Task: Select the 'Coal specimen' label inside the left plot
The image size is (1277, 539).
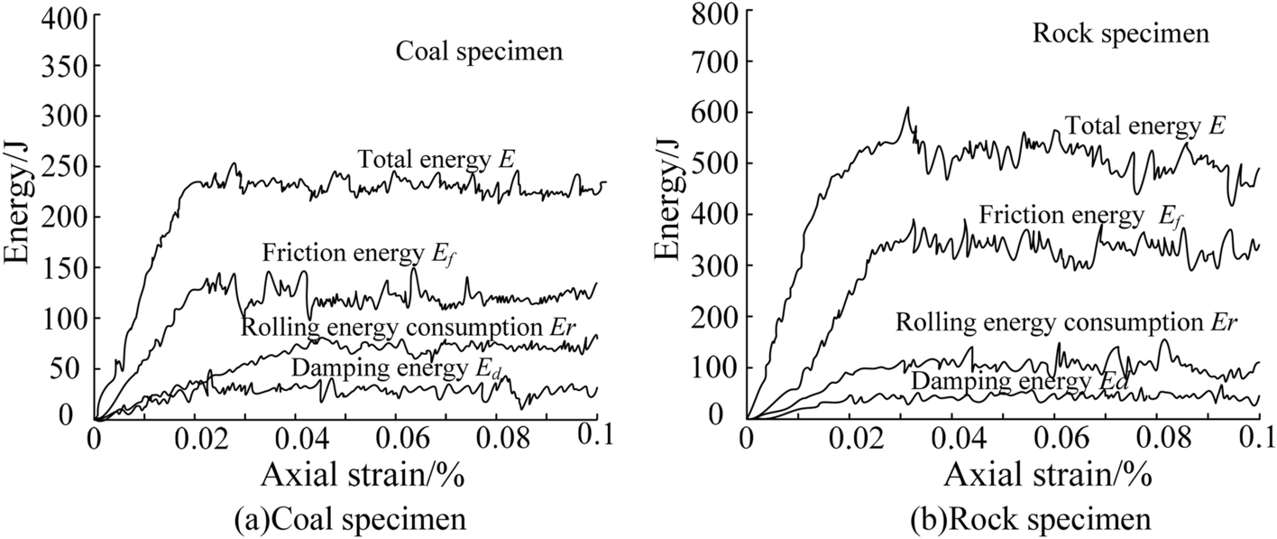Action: pos(479,51)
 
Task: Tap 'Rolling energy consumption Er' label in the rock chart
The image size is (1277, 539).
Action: pos(1065,322)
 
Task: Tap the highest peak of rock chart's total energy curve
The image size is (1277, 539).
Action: pos(907,107)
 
